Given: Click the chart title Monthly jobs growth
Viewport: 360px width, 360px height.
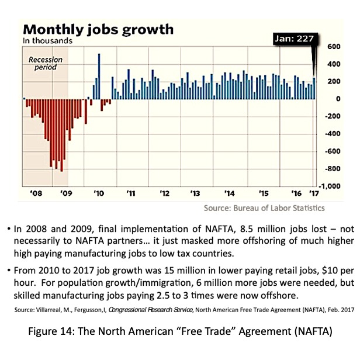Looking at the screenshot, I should point(98,29).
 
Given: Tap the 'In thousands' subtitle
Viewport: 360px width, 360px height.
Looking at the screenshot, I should point(47,41).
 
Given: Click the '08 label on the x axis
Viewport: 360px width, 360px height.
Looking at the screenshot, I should point(36,193).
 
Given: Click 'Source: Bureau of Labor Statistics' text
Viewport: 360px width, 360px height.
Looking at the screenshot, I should point(264,208).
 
